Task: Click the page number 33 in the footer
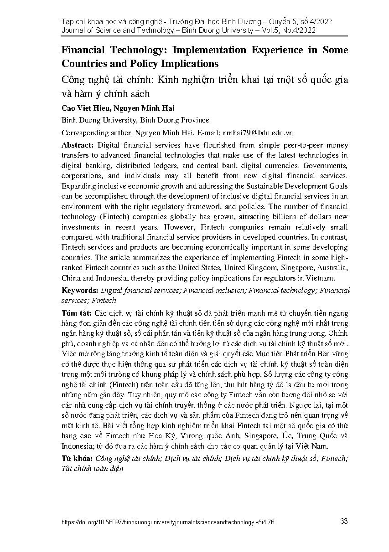344,521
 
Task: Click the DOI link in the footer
168,523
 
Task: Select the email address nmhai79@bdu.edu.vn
258,133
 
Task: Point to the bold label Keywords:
80,290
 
